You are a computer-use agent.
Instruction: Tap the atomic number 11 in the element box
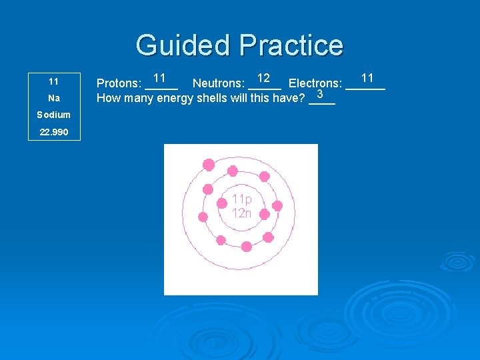coord(54,81)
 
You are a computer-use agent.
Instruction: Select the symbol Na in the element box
coord(54,98)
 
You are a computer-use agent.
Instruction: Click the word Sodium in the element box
coord(54,115)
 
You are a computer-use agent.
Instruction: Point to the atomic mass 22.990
coord(54,132)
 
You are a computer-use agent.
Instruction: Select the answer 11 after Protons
coord(159,78)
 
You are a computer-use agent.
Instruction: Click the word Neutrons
coord(218,84)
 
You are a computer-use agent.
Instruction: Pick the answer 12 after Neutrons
coord(263,78)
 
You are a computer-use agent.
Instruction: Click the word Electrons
coord(315,84)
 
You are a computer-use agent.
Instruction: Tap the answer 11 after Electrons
coord(367,78)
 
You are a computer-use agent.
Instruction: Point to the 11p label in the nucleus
coord(241,199)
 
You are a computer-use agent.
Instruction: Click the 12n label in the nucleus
coord(241,213)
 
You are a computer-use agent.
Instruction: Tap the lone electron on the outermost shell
coord(209,164)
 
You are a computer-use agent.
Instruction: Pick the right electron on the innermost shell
coord(264,214)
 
